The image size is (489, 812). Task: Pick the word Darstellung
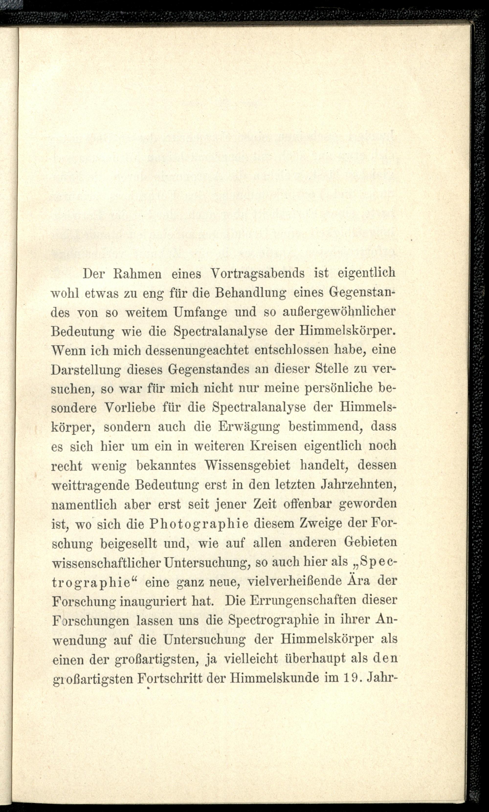click(x=86, y=370)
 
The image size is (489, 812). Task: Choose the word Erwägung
click(x=249, y=427)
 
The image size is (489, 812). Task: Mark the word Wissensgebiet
click(x=247, y=465)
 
